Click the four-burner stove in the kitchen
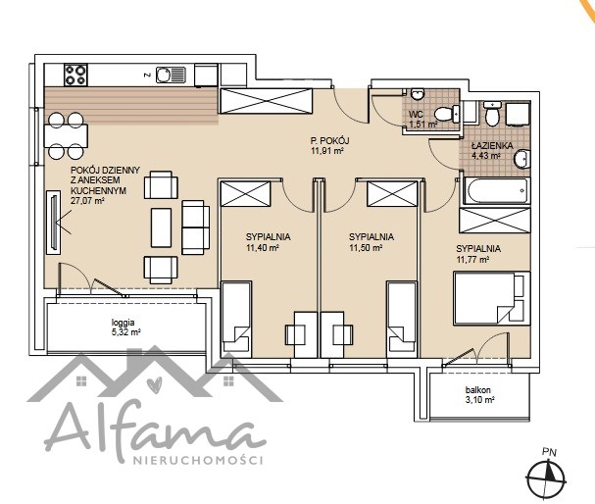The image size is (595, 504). [75, 75]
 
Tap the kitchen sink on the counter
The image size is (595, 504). [171, 75]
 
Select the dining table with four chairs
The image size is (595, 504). [66, 135]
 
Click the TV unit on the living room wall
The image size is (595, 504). [54, 223]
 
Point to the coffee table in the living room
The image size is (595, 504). [161, 227]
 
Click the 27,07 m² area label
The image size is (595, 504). [87, 201]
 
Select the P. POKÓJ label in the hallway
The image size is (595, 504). [329, 140]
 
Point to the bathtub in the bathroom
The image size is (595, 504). [496, 190]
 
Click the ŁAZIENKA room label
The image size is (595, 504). [492, 145]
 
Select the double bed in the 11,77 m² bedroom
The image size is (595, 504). [492, 298]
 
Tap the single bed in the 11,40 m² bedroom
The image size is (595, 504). [236, 319]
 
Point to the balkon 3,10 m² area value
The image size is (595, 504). [479, 400]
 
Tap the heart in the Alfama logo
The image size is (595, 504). [155, 383]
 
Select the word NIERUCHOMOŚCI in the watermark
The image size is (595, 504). [198, 460]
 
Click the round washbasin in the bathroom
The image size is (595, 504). [521, 159]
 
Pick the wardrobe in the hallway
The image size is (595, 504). [267, 101]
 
